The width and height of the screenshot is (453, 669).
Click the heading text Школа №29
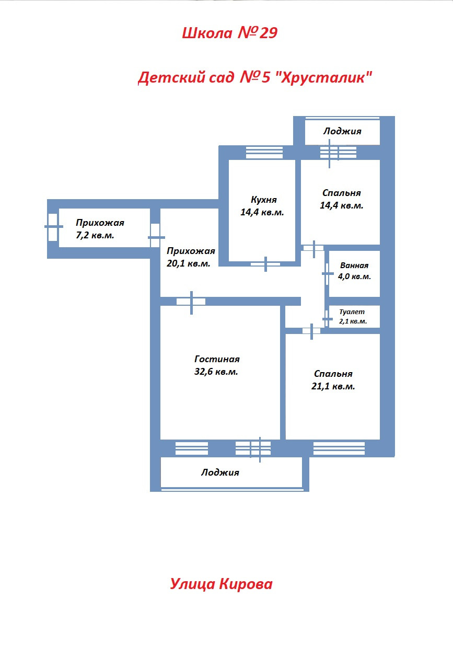(x=229, y=33)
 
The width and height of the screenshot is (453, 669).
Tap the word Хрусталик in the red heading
(x=324, y=78)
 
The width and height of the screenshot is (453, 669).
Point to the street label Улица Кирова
(x=221, y=584)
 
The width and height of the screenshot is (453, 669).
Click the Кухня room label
(x=263, y=200)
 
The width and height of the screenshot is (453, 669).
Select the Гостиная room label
(x=217, y=359)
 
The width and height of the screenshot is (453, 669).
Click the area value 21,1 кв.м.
(x=333, y=387)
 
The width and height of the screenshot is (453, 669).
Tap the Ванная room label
(x=354, y=266)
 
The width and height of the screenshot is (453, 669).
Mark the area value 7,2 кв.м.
(x=95, y=236)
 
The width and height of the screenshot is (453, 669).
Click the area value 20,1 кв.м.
(x=189, y=264)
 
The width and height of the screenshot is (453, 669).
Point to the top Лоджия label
(x=342, y=131)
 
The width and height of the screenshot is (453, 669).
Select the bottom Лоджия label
(x=220, y=472)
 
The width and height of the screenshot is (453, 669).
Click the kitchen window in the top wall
(x=264, y=152)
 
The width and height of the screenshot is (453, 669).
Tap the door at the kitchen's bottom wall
(x=265, y=264)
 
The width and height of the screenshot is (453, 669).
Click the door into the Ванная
(x=328, y=273)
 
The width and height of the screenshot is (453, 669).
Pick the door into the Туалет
(x=327, y=319)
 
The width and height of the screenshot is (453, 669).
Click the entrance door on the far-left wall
(x=53, y=227)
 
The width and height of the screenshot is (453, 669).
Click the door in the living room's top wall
(x=191, y=302)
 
